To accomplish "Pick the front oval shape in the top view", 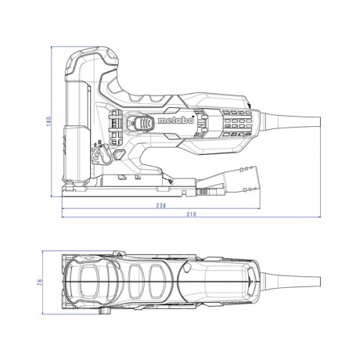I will pyautogui.click(x=92, y=283).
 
